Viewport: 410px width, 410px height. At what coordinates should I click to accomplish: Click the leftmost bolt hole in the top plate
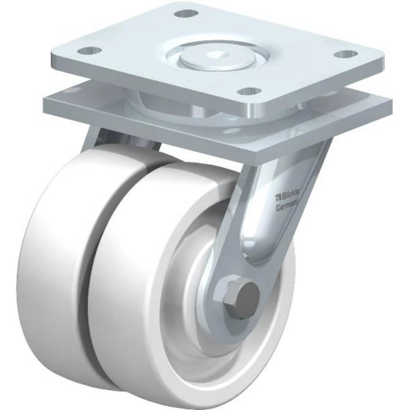pos(89,50)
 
